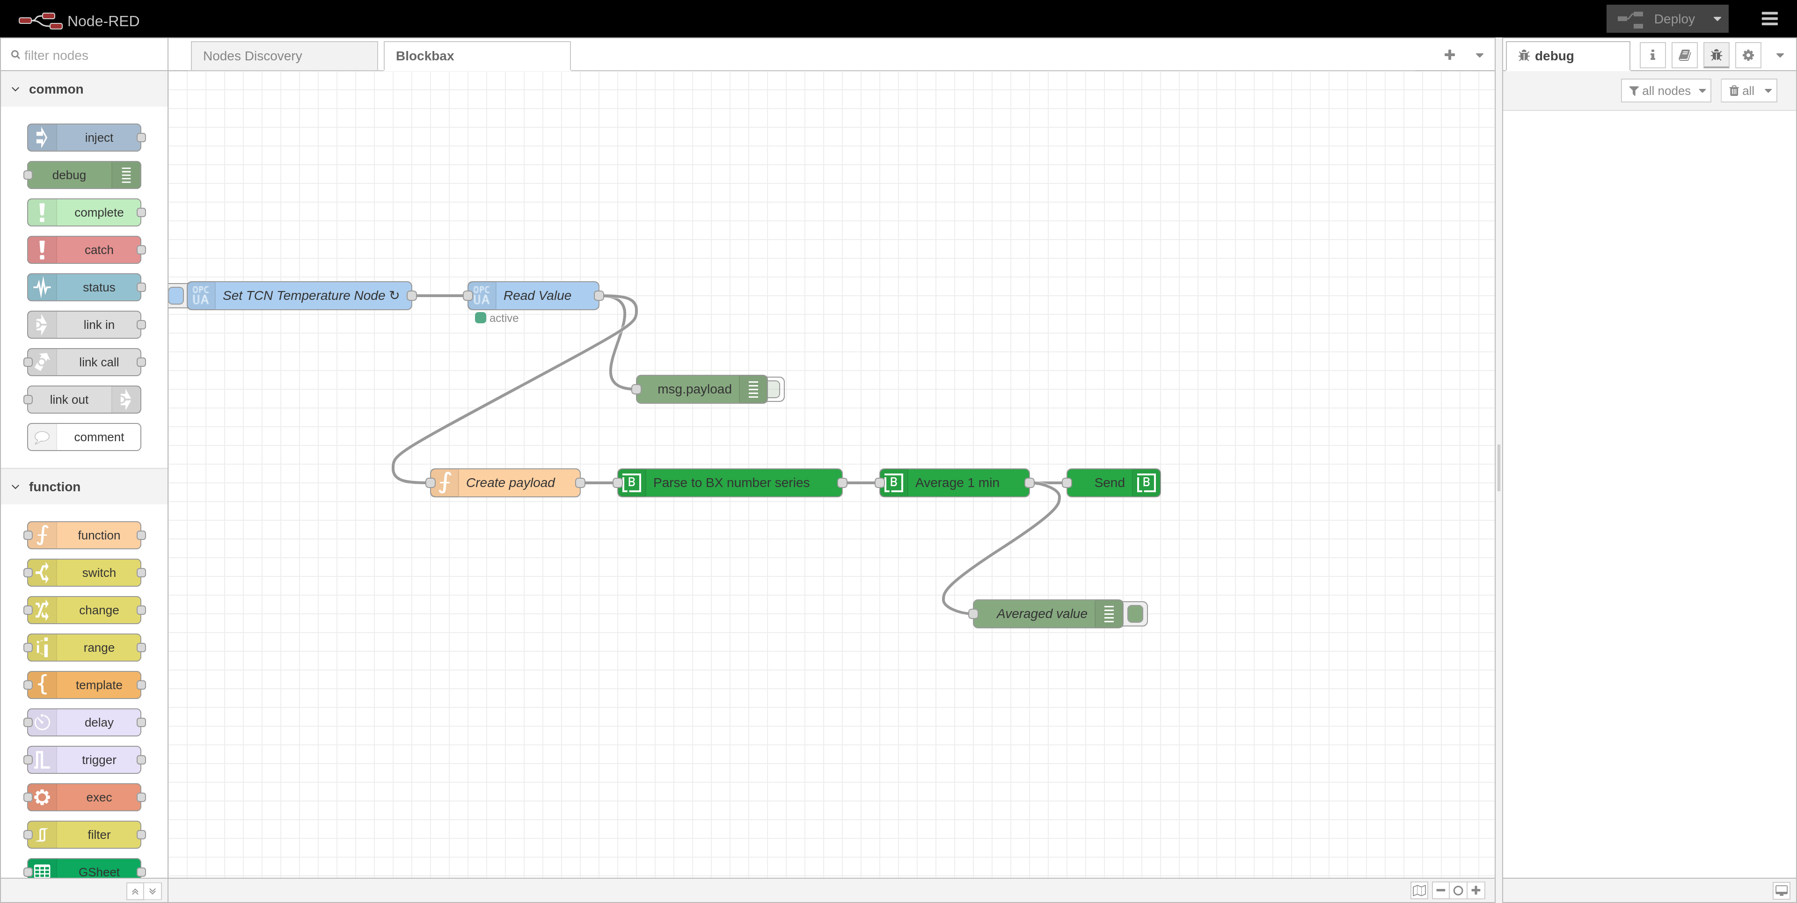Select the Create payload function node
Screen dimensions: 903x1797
(x=510, y=482)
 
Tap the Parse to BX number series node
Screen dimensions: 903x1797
(x=730, y=482)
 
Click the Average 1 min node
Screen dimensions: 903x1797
(x=957, y=482)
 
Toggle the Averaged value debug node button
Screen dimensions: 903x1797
(x=1135, y=614)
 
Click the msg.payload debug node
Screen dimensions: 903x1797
(x=694, y=389)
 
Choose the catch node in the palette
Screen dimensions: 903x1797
(x=98, y=250)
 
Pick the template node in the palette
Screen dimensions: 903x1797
(x=98, y=685)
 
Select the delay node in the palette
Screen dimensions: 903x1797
(x=98, y=722)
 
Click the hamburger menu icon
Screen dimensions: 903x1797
(x=1769, y=19)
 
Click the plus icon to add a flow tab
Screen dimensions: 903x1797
(x=1449, y=55)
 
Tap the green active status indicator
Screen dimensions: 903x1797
(x=481, y=318)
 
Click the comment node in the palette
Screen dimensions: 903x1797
(x=98, y=437)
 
